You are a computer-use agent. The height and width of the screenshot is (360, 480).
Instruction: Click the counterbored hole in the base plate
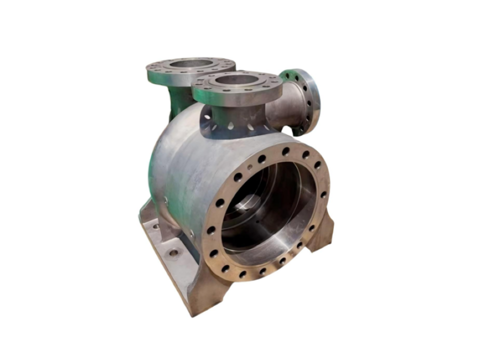click(173, 252)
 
